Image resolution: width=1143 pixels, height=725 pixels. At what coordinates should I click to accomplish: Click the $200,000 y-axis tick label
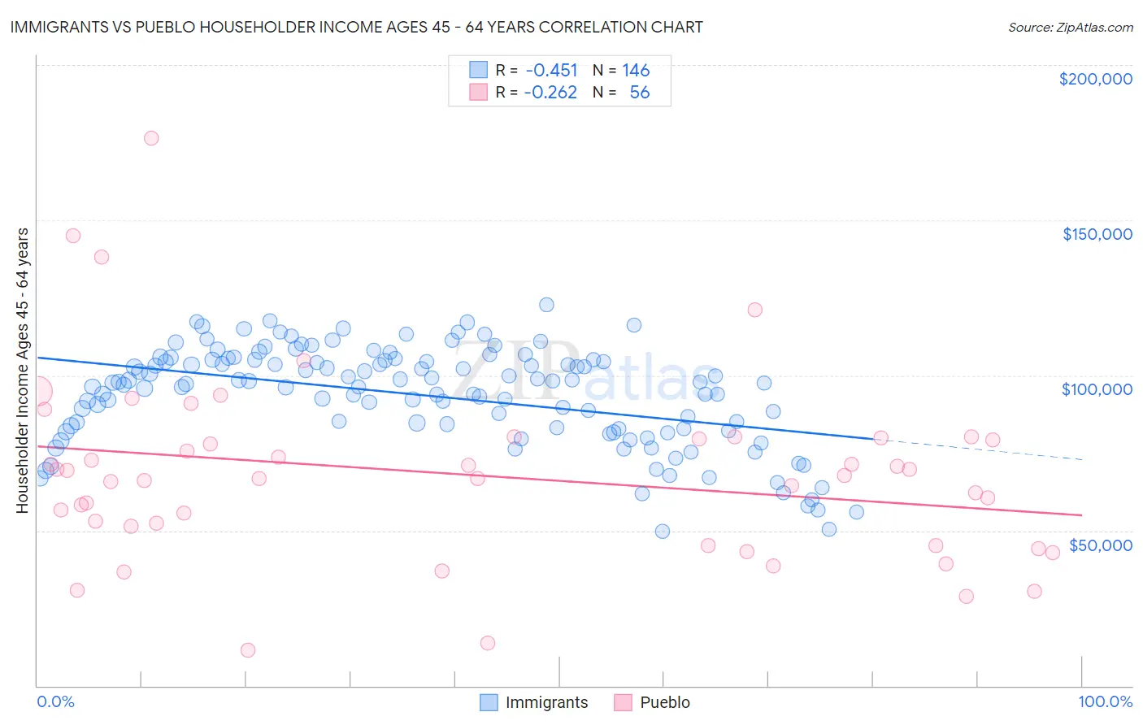pyautogui.click(x=1095, y=79)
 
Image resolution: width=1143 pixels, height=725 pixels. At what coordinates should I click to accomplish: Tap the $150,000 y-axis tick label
pyautogui.click(x=1097, y=234)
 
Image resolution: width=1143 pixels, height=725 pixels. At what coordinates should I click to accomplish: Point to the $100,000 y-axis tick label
pyautogui.click(x=1097, y=389)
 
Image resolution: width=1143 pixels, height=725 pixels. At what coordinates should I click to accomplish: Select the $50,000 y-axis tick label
pyautogui.click(x=1100, y=545)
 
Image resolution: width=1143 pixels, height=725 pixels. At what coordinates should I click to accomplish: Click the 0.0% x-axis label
pyautogui.click(x=55, y=701)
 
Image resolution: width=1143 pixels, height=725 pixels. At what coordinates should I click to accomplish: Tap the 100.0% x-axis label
pyautogui.click(x=1105, y=701)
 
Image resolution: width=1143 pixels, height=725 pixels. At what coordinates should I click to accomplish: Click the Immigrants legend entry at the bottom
pyautogui.click(x=534, y=702)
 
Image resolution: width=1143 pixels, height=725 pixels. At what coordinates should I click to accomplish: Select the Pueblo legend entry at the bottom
pyautogui.click(x=652, y=702)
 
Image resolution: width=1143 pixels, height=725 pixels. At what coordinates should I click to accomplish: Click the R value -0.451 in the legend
pyautogui.click(x=551, y=71)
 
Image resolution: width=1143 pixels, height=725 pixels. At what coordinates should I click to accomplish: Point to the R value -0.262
pyautogui.click(x=550, y=93)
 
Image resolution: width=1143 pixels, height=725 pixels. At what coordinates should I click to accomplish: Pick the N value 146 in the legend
pyautogui.click(x=636, y=71)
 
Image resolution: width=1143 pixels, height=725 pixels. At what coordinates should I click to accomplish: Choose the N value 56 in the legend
pyautogui.click(x=639, y=93)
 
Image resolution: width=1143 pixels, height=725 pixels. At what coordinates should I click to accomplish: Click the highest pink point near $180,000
pyautogui.click(x=151, y=138)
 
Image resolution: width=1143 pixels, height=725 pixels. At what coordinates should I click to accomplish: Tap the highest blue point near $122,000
pyautogui.click(x=546, y=305)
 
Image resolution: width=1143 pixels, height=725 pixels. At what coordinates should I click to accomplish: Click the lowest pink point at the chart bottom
pyautogui.click(x=248, y=650)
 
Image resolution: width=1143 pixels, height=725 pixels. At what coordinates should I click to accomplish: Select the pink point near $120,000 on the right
pyautogui.click(x=754, y=310)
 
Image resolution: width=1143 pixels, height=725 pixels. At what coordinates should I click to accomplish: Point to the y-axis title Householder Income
pyautogui.click(x=22, y=370)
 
